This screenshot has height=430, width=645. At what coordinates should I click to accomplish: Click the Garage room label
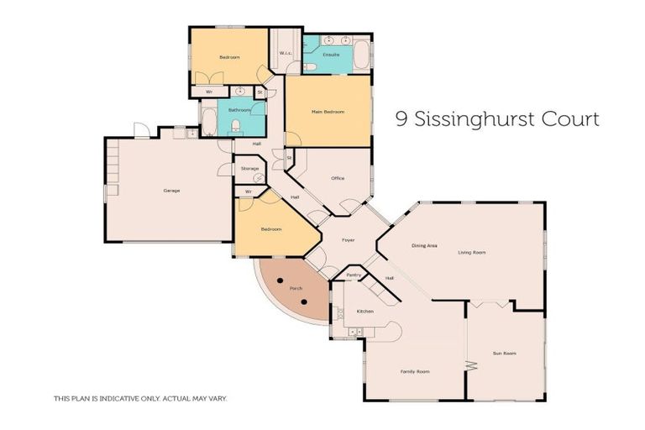pos(171,191)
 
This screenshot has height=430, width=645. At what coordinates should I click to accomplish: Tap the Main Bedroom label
pos(328,112)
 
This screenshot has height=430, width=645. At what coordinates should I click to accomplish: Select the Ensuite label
pos(330,55)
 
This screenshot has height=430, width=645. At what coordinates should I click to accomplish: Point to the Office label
pos(338,178)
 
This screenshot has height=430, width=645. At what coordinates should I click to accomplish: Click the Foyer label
pos(348,240)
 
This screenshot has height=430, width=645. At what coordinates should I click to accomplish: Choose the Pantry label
pos(353,275)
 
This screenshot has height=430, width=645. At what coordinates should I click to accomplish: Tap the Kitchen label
pos(364,312)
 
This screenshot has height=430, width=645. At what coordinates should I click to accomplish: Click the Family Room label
pos(417,370)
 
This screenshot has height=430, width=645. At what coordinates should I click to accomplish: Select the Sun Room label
pos(504,354)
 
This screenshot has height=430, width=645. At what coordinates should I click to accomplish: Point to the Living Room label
pos(472,252)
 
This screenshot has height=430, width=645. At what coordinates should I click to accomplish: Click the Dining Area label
pos(424,245)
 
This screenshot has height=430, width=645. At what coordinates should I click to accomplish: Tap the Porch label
pos(296,288)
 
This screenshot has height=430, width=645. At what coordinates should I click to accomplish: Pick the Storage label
pos(249,169)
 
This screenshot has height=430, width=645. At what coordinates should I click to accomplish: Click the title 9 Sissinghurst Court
pos(497,119)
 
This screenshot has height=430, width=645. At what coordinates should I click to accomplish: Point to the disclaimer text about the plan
pos(139,398)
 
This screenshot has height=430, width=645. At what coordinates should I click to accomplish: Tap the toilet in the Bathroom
pos(236,126)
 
